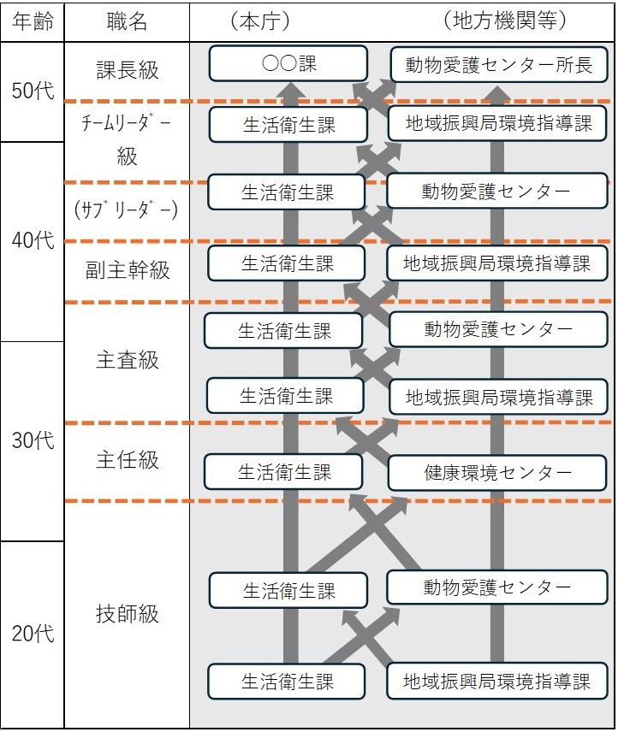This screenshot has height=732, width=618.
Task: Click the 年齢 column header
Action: [x=33, y=21]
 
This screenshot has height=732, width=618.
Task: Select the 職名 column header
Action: [x=127, y=21]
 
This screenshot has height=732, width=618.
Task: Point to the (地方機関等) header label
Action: [x=505, y=21]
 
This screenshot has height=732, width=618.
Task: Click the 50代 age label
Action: [x=33, y=90]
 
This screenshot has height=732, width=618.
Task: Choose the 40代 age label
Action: [x=33, y=240]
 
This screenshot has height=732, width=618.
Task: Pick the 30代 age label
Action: [x=33, y=440]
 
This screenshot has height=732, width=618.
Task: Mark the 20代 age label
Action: [x=33, y=634]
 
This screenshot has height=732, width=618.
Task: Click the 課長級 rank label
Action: [x=128, y=70]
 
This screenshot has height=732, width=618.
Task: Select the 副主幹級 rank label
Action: [x=128, y=270]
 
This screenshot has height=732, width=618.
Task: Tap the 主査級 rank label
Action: [x=128, y=360]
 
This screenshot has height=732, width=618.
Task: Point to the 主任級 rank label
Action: [x=128, y=460]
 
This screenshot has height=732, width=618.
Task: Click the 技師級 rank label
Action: [x=128, y=613]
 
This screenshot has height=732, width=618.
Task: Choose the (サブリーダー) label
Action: [x=126, y=210]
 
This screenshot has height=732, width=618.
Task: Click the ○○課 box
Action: [x=288, y=63]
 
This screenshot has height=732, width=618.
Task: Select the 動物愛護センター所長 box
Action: [x=499, y=64]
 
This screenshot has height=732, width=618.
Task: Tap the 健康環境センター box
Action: [x=497, y=473]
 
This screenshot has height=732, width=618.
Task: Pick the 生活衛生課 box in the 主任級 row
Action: [x=283, y=472]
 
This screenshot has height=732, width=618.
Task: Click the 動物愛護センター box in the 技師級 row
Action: [x=497, y=587]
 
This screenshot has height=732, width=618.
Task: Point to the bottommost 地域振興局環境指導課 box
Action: [x=497, y=681]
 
